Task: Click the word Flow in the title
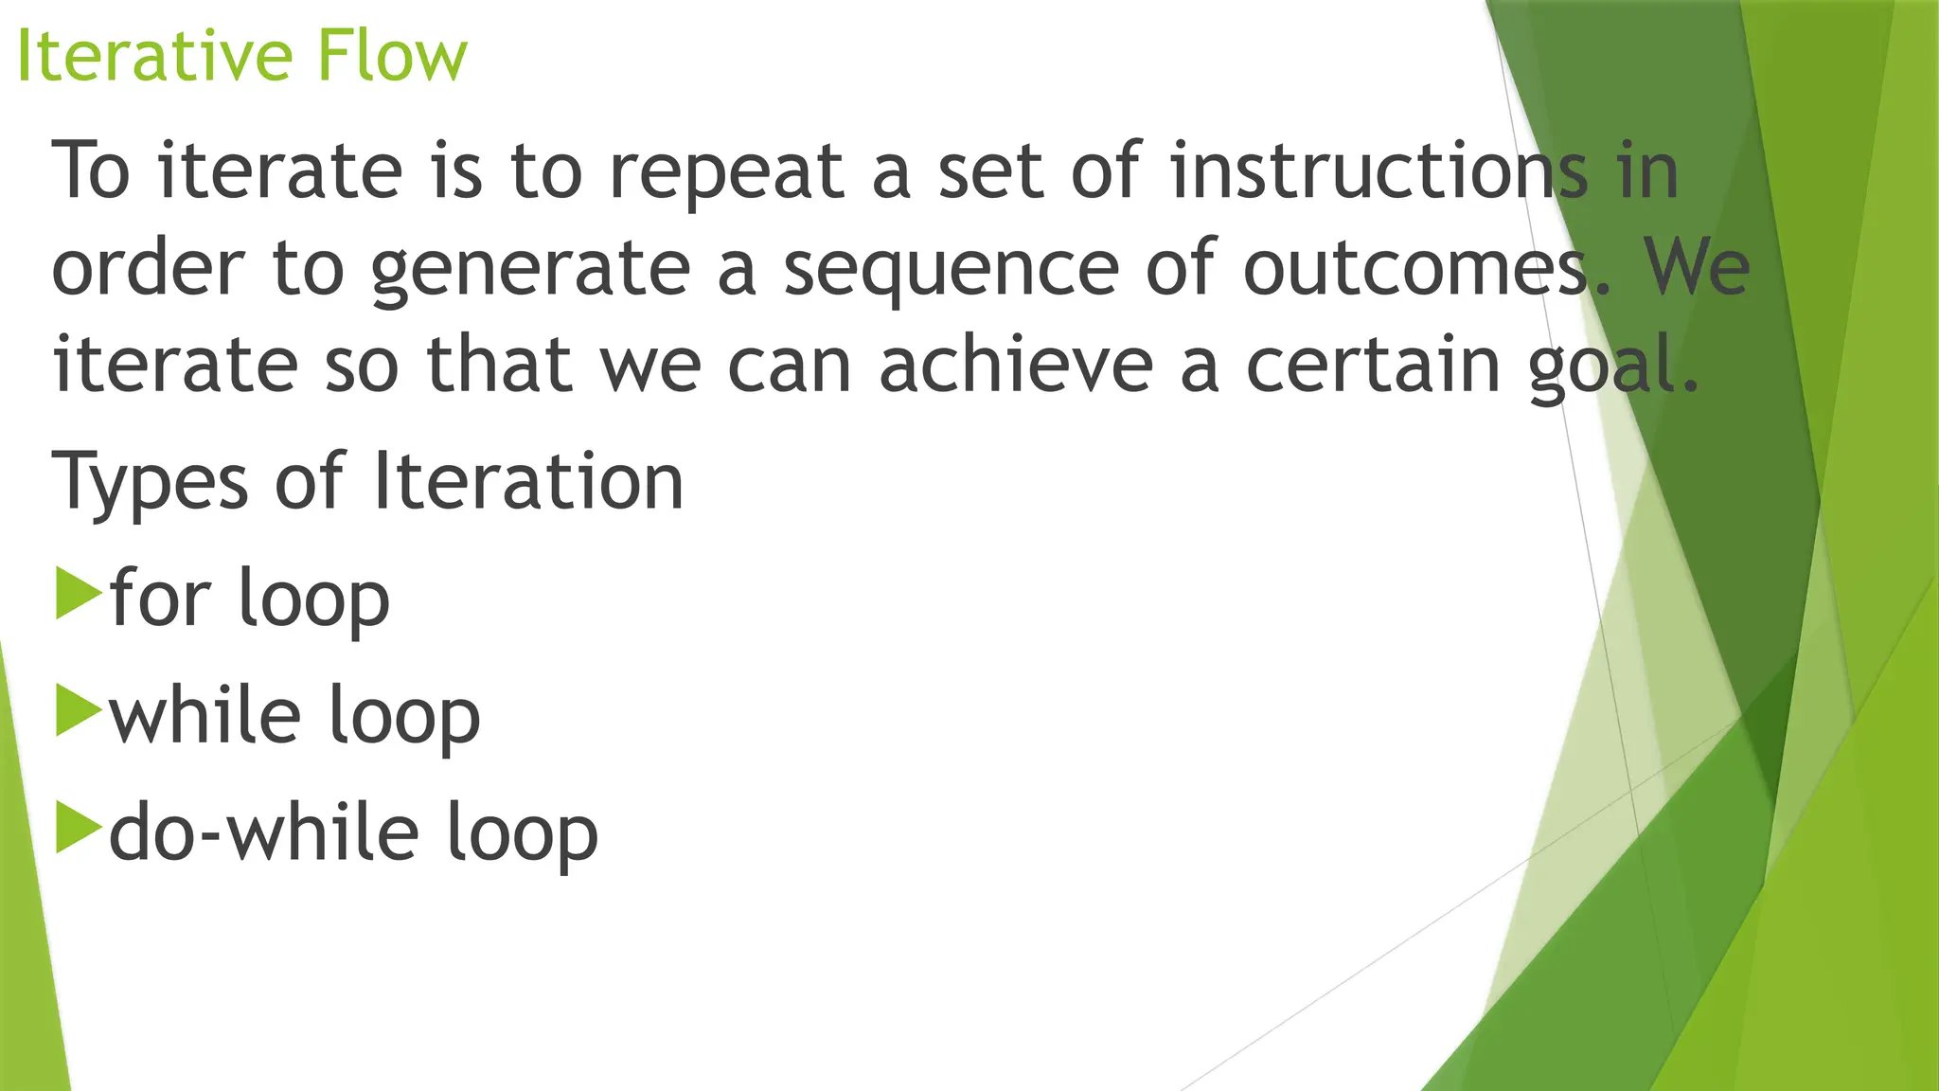[392, 56]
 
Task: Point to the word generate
[531, 270]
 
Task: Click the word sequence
[952, 270]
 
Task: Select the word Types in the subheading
[151, 483]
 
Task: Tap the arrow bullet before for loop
[78, 594]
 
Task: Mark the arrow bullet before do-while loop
[78, 828]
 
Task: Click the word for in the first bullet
[160, 598]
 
